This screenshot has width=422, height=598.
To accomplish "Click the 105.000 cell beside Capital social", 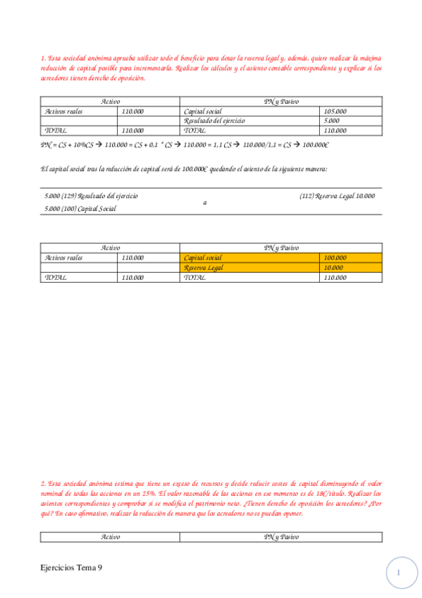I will pyautogui.click(x=335, y=111).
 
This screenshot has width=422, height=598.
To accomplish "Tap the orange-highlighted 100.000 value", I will pyautogui.click(x=335, y=258).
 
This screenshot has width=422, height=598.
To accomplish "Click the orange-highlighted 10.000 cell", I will pyautogui.click(x=334, y=268).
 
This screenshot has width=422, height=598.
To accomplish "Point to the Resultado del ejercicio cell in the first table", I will pyautogui.click(x=214, y=121).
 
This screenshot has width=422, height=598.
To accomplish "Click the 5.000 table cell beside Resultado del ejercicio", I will pyautogui.click(x=331, y=121).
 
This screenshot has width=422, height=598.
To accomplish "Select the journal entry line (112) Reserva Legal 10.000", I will pyautogui.click(x=337, y=195).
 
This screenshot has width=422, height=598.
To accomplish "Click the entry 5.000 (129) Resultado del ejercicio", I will pyautogui.click(x=91, y=195).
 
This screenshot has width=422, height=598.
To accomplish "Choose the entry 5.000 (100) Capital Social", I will pyautogui.click(x=80, y=209).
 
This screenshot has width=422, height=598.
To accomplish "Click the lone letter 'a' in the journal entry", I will pyautogui.click(x=205, y=202).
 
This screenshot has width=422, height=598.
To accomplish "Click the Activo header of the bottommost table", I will pyautogui.click(x=110, y=537).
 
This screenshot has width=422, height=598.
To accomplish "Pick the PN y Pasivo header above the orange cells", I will pyautogui.click(x=280, y=248).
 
